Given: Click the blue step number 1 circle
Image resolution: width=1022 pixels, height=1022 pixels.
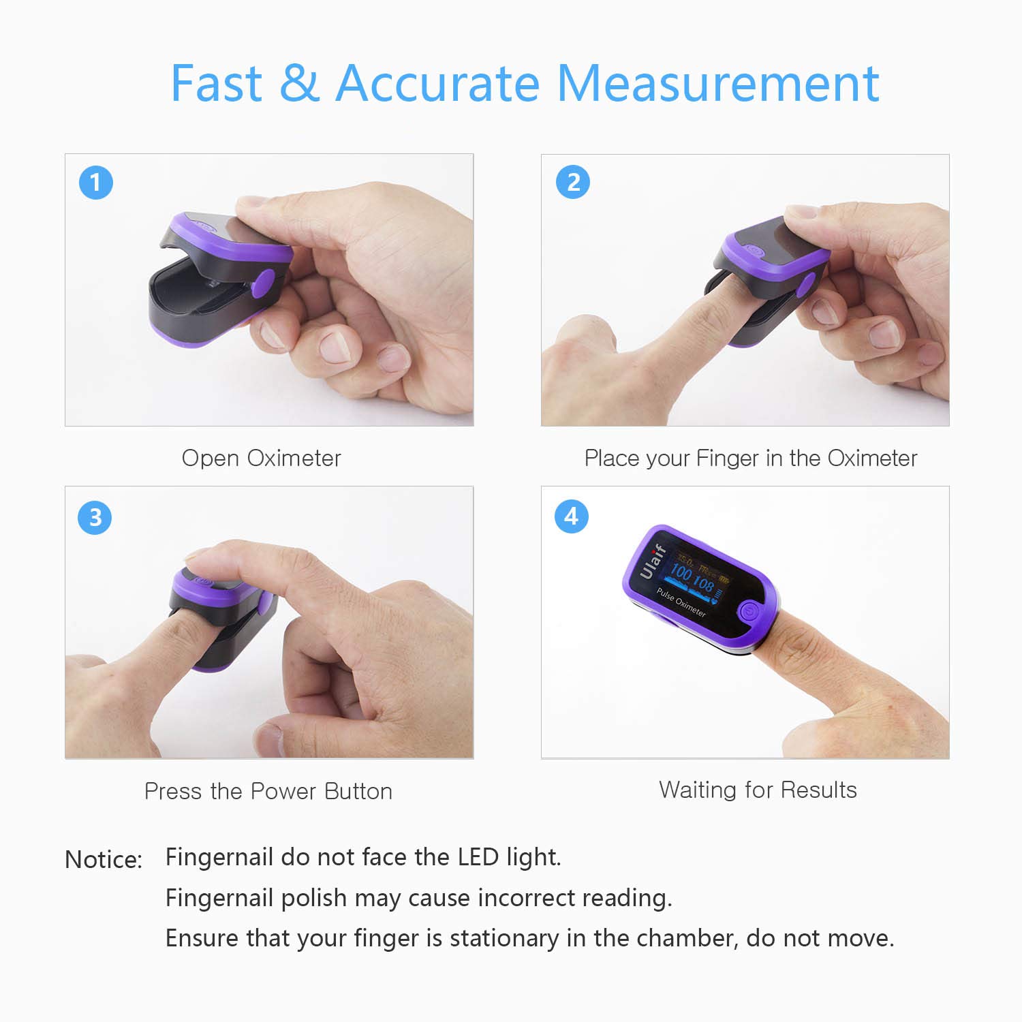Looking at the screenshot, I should (x=95, y=183).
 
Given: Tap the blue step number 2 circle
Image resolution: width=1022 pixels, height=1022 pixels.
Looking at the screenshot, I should (x=573, y=183).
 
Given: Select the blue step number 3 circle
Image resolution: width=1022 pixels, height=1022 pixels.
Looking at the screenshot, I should (x=95, y=517).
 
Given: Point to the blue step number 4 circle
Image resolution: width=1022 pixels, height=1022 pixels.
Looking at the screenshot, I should (x=572, y=516).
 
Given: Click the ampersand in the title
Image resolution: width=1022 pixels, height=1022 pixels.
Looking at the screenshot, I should (x=298, y=83).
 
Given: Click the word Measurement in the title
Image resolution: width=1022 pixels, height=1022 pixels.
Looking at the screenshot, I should (x=718, y=83).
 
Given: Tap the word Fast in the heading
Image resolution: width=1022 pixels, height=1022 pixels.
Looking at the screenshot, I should (x=216, y=83).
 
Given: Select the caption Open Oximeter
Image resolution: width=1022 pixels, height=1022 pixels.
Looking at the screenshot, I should (x=261, y=458).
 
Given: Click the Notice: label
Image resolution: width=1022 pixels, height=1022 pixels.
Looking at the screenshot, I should (x=104, y=859).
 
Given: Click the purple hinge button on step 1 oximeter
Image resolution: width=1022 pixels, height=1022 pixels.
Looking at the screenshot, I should (x=263, y=283).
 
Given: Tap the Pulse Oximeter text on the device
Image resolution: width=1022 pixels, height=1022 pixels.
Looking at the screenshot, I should (x=681, y=602).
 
